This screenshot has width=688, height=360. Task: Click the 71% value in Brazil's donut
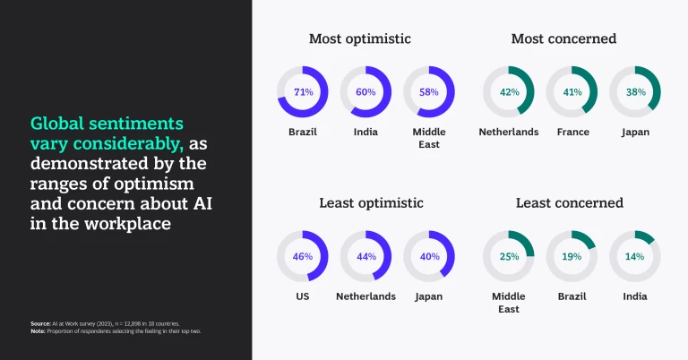coord(303,92)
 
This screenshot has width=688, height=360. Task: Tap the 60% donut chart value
coord(365,92)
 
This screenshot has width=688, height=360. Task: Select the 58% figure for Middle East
coord(429,92)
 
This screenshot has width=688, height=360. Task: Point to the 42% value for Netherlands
coord(509,92)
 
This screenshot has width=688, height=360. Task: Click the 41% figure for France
coord(572,92)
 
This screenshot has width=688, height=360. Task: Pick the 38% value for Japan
coord(635,92)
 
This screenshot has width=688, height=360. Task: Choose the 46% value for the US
coord(303,256)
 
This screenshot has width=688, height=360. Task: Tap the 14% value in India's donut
coord(635,256)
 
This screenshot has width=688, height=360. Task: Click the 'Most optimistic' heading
coord(359,39)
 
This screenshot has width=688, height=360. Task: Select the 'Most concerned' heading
coord(563,39)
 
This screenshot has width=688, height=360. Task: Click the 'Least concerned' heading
coord(569,202)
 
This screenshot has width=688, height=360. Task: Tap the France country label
coord(572,132)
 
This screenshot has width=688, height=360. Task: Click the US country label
coord(303,296)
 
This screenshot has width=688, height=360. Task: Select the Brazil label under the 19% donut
coord(572,296)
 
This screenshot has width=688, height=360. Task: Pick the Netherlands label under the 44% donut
coord(365,296)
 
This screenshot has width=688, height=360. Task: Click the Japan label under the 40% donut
coord(429,296)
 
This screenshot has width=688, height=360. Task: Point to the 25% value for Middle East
coord(509,256)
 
